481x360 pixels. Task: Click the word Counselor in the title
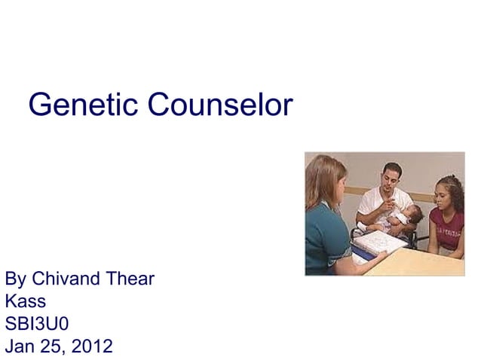tap(219, 105)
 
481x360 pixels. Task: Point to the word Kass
tap(25, 302)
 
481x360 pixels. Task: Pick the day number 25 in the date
tap(53, 347)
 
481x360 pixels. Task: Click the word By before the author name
tap(15, 279)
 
